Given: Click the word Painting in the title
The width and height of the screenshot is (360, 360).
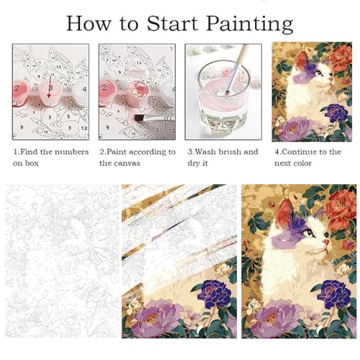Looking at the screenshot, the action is (x=250, y=24).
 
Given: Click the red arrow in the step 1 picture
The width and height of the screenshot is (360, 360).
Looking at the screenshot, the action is (x=50, y=87).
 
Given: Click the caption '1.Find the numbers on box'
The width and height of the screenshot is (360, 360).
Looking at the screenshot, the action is (x=51, y=158).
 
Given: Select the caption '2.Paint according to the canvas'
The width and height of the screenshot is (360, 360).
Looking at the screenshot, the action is (x=138, y=158).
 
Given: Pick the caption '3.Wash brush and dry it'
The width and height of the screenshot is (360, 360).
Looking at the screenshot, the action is (x=223, y=158).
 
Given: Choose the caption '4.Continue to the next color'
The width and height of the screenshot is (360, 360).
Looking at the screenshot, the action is (x=308, y=158).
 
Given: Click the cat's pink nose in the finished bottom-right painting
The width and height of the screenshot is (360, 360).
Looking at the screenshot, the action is (x=325, y=242).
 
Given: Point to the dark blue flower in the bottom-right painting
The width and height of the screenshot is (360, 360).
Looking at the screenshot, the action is (x=335, y=293).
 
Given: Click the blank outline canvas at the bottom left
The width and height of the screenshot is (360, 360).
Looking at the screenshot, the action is (x=62, y=261).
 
